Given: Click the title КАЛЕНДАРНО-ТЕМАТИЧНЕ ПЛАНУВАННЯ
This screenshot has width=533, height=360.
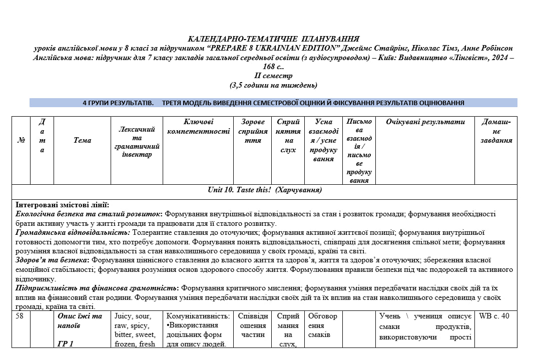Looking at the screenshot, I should pyautogui.click(x=273, y=39).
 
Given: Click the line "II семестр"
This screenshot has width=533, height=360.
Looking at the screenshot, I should pyautogui.click(x=273, y=76).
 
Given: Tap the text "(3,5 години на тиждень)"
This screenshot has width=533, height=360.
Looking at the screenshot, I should pyautogui.click(x=273, y=85).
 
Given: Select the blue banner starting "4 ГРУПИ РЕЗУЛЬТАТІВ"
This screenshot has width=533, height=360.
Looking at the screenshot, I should pyautogui.click(x=273, y=103).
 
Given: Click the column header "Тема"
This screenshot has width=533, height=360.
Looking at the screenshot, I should pyautogui.click(x=82, y=140).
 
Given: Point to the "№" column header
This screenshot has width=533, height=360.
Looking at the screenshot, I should pyautogui.click(x=21, y=140).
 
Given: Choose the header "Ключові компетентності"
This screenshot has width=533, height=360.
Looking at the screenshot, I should pyautogui.click(x=198, y=126).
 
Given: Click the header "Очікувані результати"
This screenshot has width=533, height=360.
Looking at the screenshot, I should pyautogui.click(x=425, y=122).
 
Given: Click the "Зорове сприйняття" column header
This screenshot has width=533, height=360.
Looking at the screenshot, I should pyautogui.click(x=253, y=131).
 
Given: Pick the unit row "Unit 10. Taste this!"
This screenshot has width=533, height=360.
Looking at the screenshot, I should pyautogui.click(x=265, y=190).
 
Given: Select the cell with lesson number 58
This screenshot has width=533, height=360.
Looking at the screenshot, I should pyautogui.click(x=20, y=316).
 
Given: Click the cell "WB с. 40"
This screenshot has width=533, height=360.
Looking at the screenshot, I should pyautogui.click(x=494, y=316).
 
